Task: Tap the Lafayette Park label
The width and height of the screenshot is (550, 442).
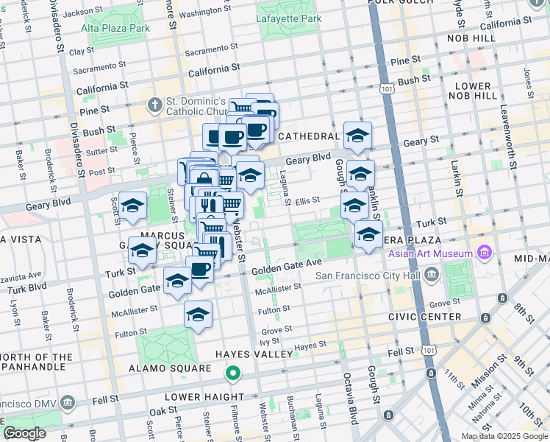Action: [289, 18]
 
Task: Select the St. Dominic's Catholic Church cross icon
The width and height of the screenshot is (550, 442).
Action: [154, 105]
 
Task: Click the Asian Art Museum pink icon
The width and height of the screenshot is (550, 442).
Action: [483, 254]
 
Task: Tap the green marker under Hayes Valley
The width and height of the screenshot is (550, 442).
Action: [233, 374]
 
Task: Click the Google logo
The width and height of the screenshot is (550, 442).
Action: [25, 433]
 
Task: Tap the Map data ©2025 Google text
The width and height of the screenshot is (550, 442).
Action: [504, 436]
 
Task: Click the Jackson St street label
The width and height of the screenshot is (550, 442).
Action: [83, 12]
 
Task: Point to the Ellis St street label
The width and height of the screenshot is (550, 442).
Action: [307, 200]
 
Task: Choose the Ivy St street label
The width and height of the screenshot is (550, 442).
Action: [271, 341]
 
